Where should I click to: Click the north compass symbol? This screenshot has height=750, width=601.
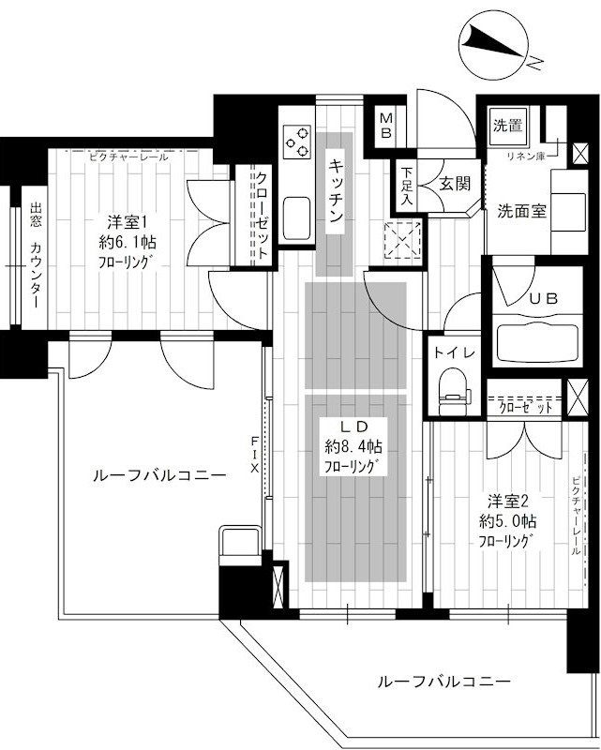click(495, 46)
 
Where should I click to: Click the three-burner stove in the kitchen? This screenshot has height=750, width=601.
click(296, 142)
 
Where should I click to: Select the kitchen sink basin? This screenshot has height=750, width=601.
click(296, 218)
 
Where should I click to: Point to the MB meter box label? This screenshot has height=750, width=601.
click(386, 126)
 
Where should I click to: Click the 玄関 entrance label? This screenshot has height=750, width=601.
click(455, 184)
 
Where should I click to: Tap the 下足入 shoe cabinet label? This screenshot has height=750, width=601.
click(406, 186)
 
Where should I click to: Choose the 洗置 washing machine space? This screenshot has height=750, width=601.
click(507, 127)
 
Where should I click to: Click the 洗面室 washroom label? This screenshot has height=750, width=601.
click(521, 210)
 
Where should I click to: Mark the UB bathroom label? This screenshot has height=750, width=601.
click(543, 298)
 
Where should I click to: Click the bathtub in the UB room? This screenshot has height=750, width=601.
click(537, 343)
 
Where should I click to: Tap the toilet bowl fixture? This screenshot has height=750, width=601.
click(452, 391)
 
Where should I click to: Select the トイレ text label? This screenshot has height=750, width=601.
click(454, 353)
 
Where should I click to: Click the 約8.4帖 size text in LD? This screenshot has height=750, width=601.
click(353, 447)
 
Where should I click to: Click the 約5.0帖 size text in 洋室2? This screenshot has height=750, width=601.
click(507, 521)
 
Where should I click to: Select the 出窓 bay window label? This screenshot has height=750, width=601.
click(36, 215)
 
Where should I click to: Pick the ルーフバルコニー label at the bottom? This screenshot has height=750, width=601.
click(443, 682)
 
